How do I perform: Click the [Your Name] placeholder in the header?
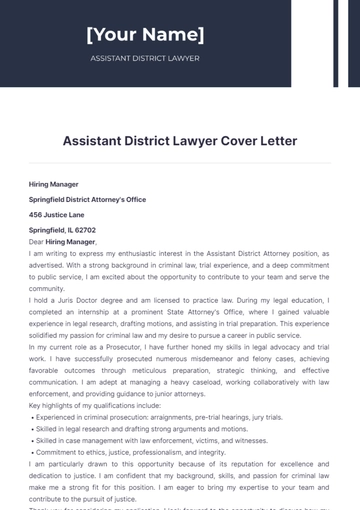[145, 35]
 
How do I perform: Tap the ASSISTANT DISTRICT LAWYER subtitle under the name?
[145, 58]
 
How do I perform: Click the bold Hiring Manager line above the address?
[56, 184]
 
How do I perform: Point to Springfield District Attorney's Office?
[87, 199]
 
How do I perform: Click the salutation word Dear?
[36, 241]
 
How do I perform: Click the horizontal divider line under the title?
[180, 163]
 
